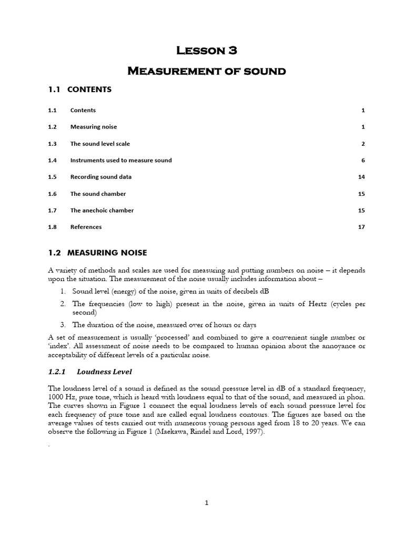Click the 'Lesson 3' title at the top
coord(207,51)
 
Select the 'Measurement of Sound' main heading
coord(207,71)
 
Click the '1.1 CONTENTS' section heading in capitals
coord(79,89)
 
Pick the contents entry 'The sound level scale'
coord(100,144)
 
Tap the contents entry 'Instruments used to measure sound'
coord(121,160)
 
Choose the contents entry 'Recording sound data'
coord(101,177)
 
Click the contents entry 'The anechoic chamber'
coord(102,210)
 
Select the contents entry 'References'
coord(86,227)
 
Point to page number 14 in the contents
coord(361,177)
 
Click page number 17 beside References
coord(361,227)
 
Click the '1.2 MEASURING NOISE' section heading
coord(97,253)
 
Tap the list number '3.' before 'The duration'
coord(62,325)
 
